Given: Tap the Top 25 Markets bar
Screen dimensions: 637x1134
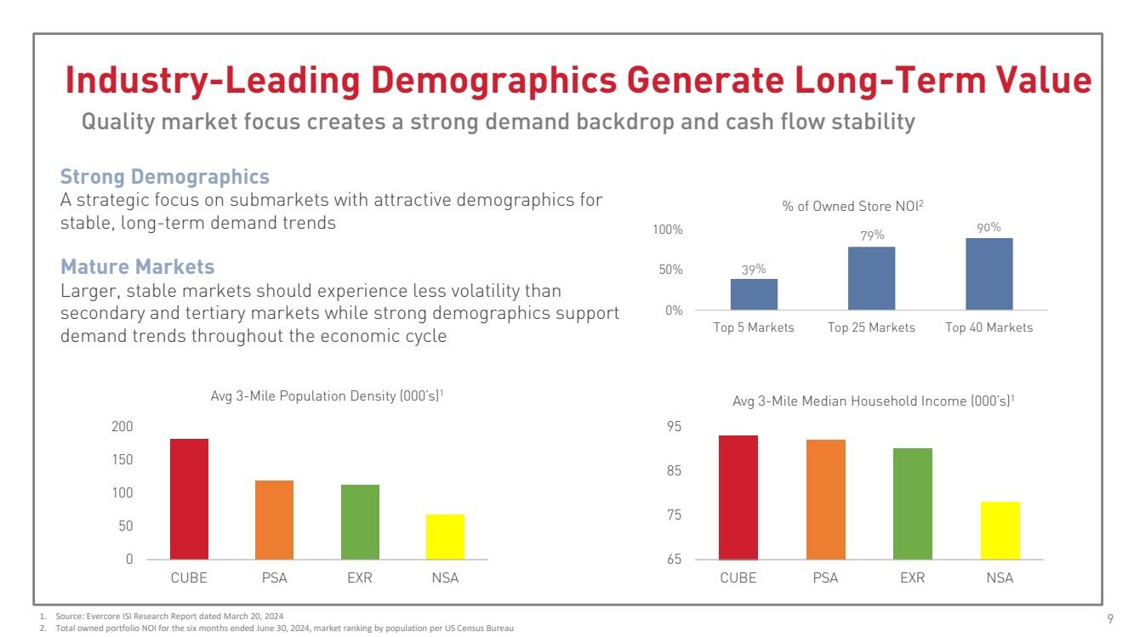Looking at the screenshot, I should click(x=871, y=278).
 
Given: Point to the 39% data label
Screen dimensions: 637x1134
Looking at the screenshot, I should click(x=754, y=269).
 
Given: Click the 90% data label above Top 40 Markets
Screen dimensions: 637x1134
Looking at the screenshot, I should click(x=989, y=227).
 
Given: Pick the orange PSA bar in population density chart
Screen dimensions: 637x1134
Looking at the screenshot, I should click(x=274, y=520).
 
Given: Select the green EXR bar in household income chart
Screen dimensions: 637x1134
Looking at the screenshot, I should click(x=912, y=503).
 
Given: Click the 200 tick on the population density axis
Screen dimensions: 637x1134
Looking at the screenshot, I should click(x=123, y=426).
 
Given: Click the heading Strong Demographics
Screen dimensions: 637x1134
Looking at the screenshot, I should click(x=164, y=177).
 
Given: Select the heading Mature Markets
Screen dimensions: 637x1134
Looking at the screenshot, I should click(x=137, y=267).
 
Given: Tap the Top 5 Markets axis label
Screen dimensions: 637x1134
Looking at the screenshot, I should click(x=754, y=327).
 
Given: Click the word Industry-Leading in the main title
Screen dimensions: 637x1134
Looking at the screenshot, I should click(x=207, y=81).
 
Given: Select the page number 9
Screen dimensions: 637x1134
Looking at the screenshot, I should click(x=1110, y=618).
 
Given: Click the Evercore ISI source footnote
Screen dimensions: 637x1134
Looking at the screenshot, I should click(x=164, y=615).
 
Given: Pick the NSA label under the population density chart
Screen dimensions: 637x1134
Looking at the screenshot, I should click(x=444, y=578).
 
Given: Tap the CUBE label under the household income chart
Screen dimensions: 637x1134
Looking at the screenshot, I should click(x=738, y=578).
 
